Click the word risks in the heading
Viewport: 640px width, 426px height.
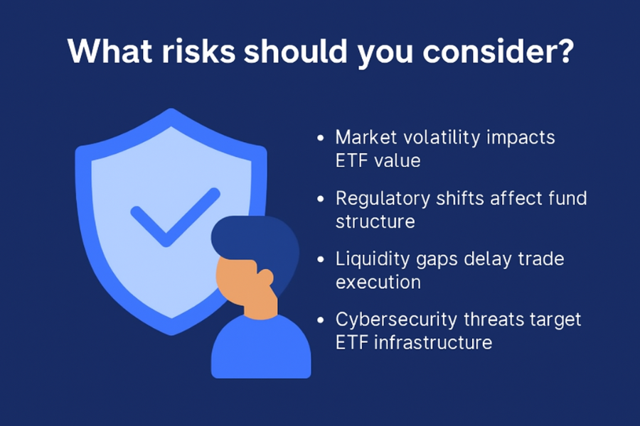coord(199,51)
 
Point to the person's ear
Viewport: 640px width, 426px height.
coord(266,278)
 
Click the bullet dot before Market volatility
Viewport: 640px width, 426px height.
coord(321,138)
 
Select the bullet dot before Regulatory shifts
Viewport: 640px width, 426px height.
coord(321,199)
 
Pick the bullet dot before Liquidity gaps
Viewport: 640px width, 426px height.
coord(321,259)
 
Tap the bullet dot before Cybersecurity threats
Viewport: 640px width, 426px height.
coord(321,319)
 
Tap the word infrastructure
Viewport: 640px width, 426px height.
coord(433,342)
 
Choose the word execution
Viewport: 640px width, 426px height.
coord(378,282)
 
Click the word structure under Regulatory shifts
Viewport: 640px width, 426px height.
coord(375,222)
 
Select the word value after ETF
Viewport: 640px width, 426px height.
coord(398,160)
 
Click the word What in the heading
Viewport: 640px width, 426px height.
coord(110,51)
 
